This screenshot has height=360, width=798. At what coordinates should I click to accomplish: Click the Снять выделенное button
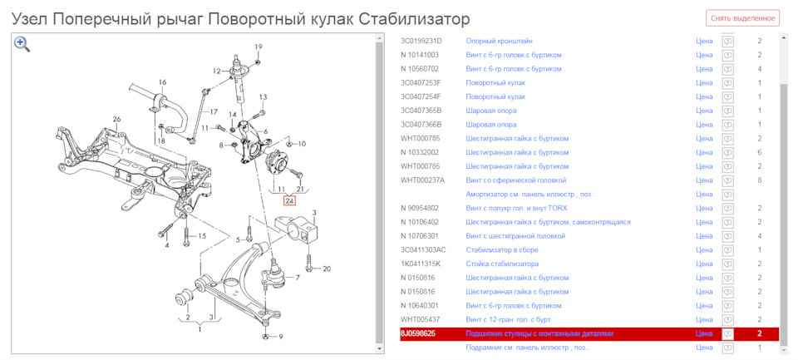point(743,18)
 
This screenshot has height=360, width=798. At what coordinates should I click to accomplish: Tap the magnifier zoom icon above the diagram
point(22,44)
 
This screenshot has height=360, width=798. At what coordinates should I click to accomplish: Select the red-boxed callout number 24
point(289,200)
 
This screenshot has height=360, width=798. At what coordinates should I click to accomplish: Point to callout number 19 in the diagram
point(259,47)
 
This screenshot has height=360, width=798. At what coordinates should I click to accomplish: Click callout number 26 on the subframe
point(117,119)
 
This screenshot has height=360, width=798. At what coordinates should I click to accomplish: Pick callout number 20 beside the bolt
point(327,269)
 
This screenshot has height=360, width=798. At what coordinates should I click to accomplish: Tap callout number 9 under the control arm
point(281,336)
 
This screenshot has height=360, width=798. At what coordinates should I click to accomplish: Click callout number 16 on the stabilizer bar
point(163,82)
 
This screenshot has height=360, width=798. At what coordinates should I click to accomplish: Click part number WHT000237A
point(422,180)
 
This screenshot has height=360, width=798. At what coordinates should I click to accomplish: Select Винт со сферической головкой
point(521,180)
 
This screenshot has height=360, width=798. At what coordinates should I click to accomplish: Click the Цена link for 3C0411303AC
point(704,249)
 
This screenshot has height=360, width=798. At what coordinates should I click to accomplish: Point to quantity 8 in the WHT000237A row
point(760,180)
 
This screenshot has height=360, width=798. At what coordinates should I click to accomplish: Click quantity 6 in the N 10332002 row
point(760,152)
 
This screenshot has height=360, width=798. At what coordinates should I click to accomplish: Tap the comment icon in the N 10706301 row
point(727,236)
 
